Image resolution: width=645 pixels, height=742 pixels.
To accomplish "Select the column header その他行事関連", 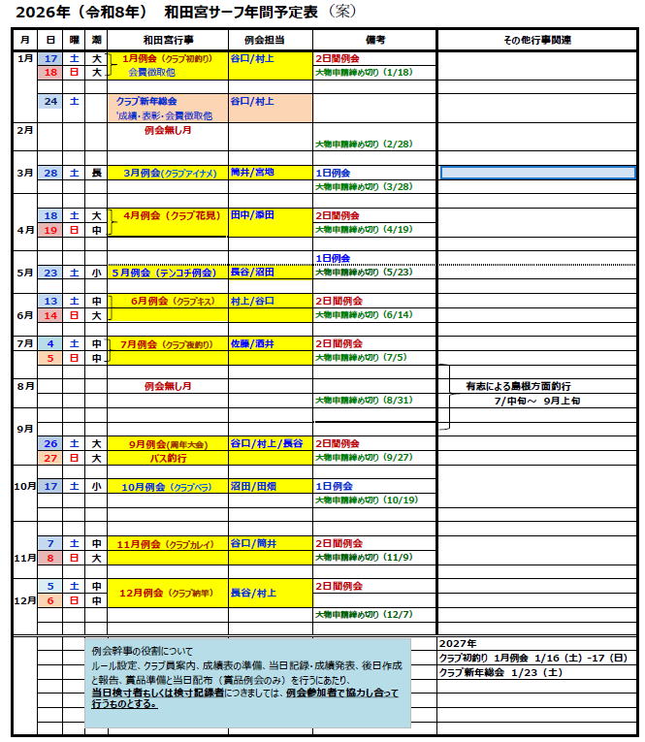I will [x=537, y=40].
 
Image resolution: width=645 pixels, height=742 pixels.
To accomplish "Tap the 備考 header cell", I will [x=374, y=40].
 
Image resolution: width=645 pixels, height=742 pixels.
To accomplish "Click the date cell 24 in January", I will [x=50, y=101].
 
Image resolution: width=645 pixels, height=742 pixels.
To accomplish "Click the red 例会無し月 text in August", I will [x=168, y=386].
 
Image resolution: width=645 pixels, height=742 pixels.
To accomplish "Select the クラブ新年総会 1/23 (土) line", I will [x=500, y=672].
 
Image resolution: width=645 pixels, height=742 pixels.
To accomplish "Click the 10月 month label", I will [x=24, y=486].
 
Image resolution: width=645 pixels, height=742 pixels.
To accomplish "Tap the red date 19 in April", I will [x=50, y=230].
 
